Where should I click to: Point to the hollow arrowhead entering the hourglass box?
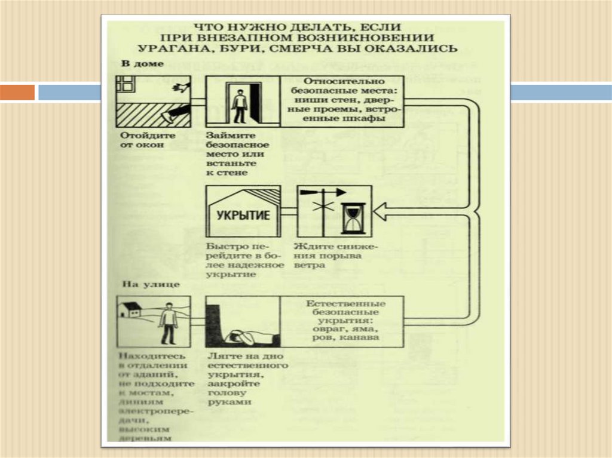click(381, 210)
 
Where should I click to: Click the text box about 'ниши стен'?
click(342, 101)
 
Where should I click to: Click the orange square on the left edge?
click(17, 92)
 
